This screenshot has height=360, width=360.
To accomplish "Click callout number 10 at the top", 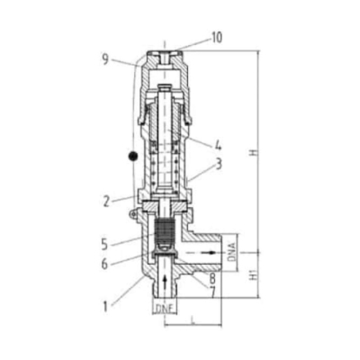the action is pyautogui.click(x=217, y=38).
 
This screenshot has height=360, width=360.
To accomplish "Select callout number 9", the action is pyautogui.click(x=105, y=60).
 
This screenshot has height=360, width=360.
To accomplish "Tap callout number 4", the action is pyautogui.click(x=218, y=145).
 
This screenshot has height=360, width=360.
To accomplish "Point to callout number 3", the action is pyautogui.click(x=219, y=164).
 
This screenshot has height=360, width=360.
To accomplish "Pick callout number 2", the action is pyautogui.click(x=106, y=202).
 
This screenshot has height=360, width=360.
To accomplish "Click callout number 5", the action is pyautogui.click(x=104, y=245).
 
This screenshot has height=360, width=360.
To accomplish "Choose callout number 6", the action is pyautogui.click(x=104, y=265).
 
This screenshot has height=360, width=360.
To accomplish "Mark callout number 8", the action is pyautogui.click(x=212, y=279).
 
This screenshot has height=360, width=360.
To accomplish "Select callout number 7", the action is pyautogui.click(x=212, y=292).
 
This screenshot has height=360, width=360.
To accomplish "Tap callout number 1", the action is pyautogui.click(x=105, y=307).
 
